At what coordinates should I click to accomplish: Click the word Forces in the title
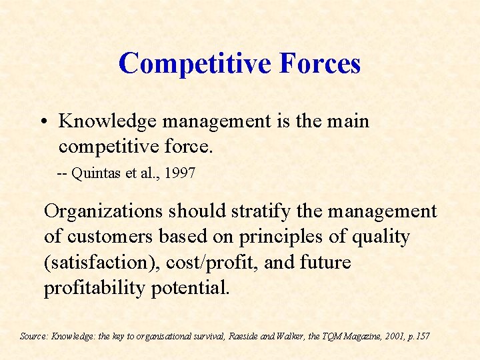click(x=320, y=63)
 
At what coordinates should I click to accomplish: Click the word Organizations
click(x=103, y=211)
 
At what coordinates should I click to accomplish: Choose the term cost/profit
click(x=210, y=262)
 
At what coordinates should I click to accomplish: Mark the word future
click(x=325, y=262)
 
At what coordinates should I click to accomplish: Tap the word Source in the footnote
click(x=33, y=336)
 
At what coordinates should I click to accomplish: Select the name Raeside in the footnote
click(x=245, y=336)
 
